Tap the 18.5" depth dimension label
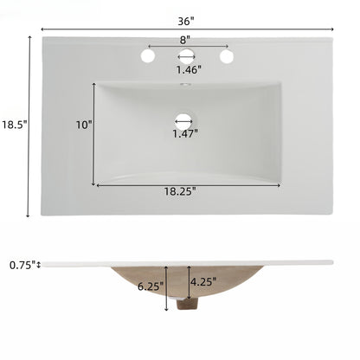14,125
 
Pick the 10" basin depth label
83,125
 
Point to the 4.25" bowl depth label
205,280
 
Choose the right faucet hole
227,56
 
